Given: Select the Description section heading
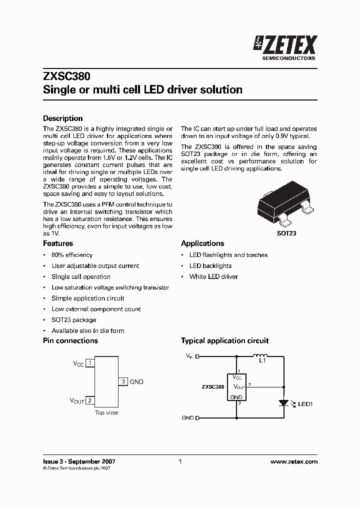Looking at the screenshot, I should [x=63, y=118].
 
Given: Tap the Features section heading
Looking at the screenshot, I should [x=58, y=243].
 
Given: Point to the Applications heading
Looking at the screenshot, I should [x=202, y=243].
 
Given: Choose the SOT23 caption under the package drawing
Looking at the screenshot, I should [x=286, y=233].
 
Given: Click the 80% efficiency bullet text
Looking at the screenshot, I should [x=72, y=255].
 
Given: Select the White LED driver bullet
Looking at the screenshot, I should [x=213, y=276].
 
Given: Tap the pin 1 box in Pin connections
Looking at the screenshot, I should [x=90, y=363].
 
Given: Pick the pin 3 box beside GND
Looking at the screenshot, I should [x=123, y=381].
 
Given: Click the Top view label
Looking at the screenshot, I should [x=106, y=412].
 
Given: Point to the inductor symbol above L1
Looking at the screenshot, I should [x=260, y=355].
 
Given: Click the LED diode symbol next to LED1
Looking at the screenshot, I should [x=284, y=402].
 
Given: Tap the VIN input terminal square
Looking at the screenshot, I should [x=197, y=356].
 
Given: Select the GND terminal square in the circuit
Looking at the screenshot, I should [x=197, y=417].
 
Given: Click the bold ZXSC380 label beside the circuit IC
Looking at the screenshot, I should [x=212, y=387].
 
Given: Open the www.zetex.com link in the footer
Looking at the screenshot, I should [x=293, y=461].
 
